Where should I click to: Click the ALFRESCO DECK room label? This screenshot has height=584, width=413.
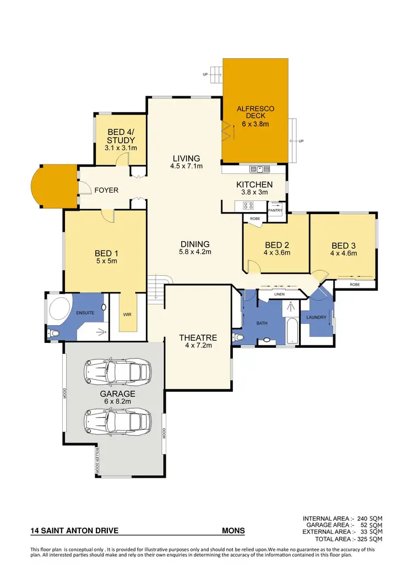pyautogui.click(x=255, y=113)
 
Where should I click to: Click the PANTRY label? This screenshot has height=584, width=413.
pyautogui.click(x=275, y=210)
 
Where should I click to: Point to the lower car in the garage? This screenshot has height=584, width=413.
pyautogui.click(x=117, y=422)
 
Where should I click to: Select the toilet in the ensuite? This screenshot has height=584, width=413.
pyautogui.click(x=54, y=334)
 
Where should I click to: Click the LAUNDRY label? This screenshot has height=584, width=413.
pyautogui.click(x=316, y=318)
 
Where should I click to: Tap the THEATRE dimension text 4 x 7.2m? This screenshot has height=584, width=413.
pyautogui.click(x=198, y=346)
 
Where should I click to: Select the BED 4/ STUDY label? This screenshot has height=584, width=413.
pyautogui.click(x=121, y=136)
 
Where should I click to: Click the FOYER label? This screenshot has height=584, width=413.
pyautogui.click(x=106, y=190)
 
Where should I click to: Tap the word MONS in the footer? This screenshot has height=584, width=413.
pyautogui.click(x=233, y=532)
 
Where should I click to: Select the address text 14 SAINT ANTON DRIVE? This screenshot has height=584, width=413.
pyautogui.click(x=74, y=532)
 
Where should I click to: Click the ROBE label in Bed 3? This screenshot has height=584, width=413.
pyautogui.click(x=355, y=284)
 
